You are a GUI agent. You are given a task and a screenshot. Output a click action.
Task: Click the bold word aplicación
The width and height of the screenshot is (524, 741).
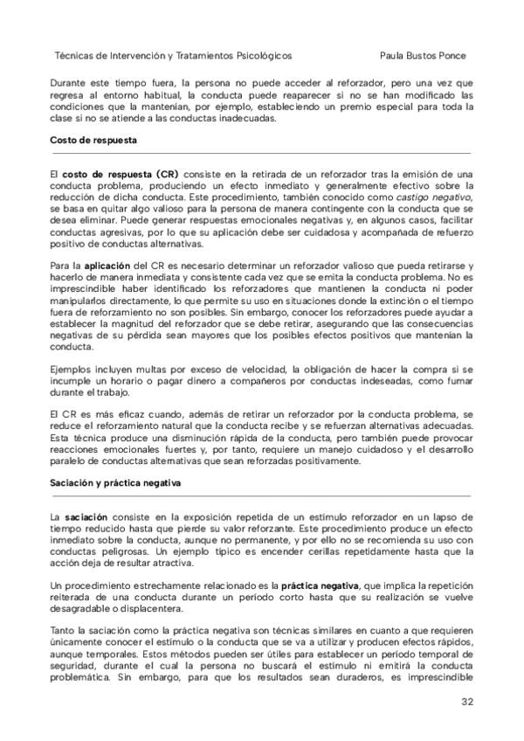coord(107,264)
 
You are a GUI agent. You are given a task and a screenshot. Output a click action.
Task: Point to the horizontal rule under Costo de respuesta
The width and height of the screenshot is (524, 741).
coord(262,152)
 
